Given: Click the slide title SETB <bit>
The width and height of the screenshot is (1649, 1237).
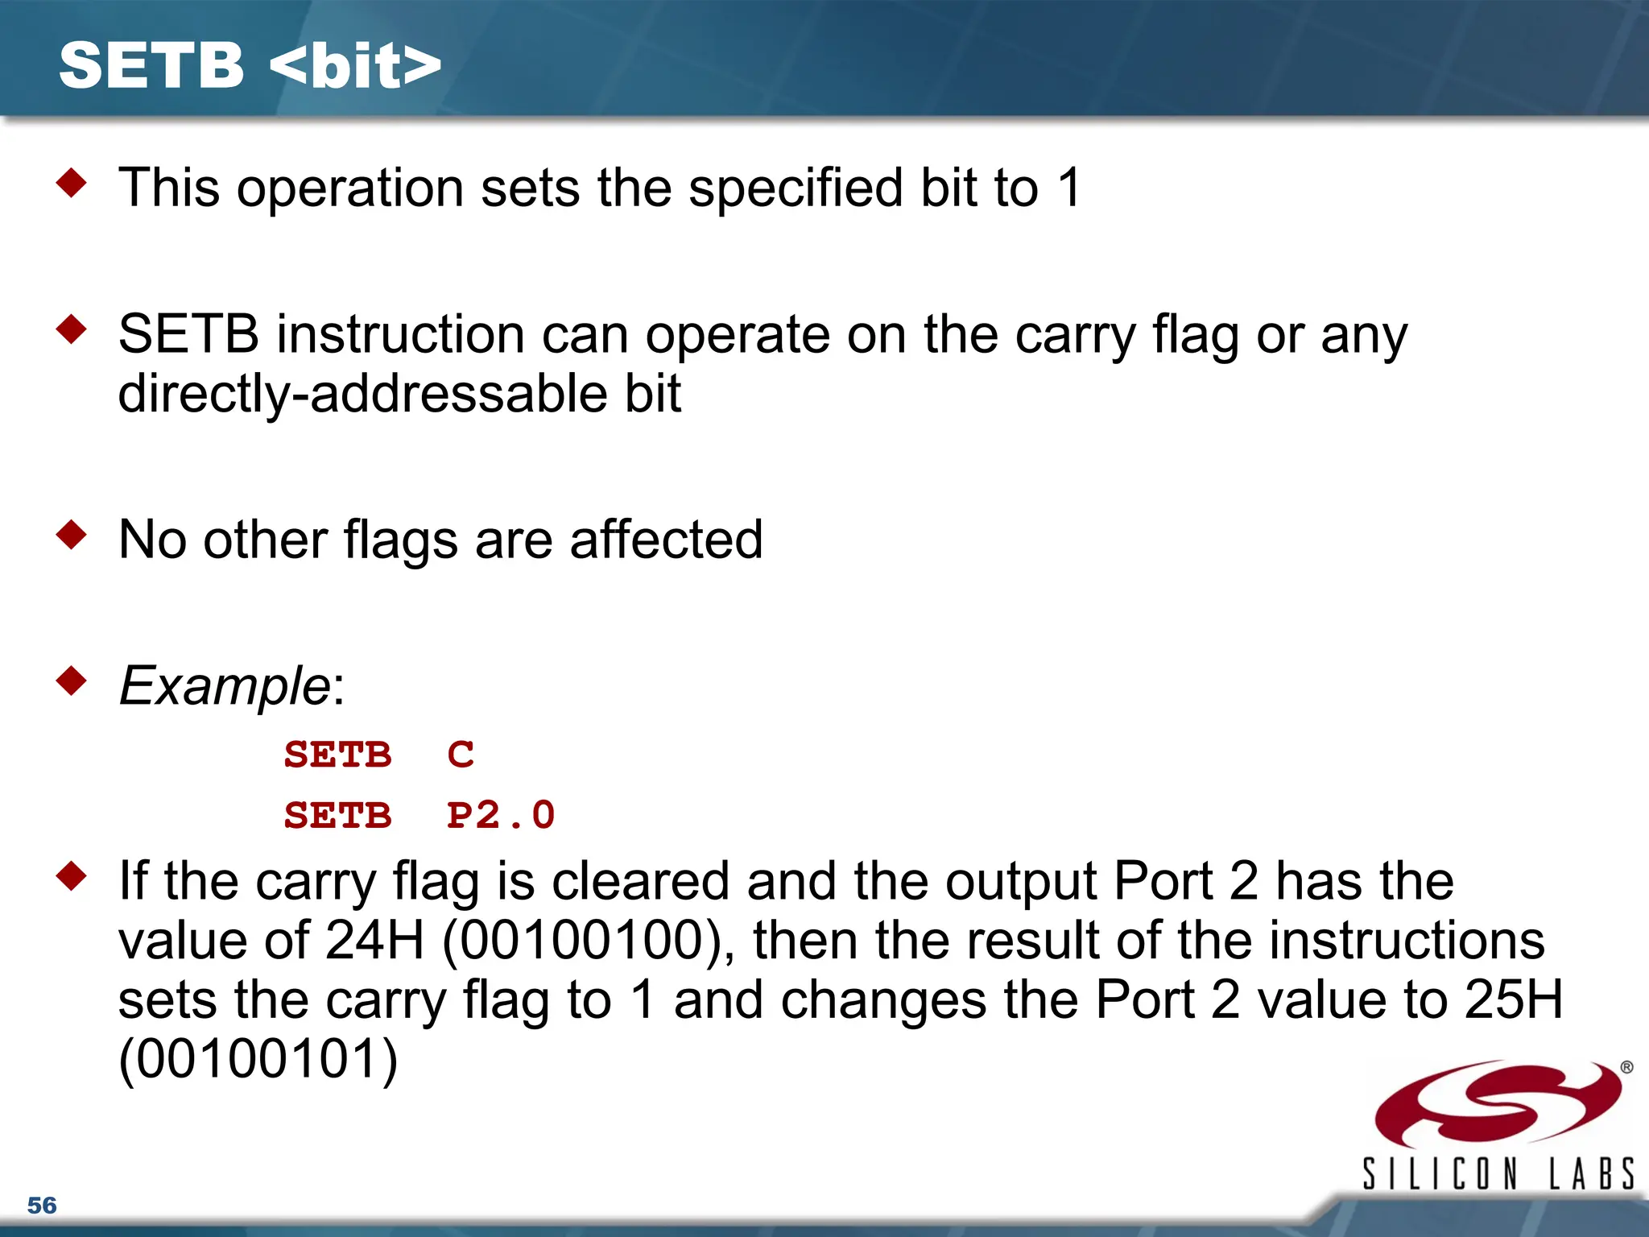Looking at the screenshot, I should pos(250,66).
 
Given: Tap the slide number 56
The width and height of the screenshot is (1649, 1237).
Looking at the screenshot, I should pos(42,1205).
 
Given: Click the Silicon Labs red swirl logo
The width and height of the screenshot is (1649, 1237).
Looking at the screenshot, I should pos(1498,1103).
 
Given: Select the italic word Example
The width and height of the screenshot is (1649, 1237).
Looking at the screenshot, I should pos(224,686).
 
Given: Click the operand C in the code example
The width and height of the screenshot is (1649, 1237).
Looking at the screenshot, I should pos(461,755).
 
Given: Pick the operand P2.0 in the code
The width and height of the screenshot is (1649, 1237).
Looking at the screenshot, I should pos(501,815).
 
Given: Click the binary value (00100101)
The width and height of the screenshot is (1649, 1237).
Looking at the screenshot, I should pos(258,1059).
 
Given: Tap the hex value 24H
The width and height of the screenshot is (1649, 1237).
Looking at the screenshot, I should pos(374,941).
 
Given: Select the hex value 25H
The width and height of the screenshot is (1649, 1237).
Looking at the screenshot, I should pos(1514,1000).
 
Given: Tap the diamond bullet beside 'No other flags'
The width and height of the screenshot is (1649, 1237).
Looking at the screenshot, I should pos(72,534).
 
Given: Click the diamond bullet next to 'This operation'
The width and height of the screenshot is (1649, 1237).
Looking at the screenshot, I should pos(72,183).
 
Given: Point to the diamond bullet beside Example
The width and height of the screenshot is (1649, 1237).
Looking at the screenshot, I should pos(72,681).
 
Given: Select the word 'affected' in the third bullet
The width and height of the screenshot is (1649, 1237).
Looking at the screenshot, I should pos(666,540).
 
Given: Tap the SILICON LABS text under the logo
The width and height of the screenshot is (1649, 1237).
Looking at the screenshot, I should pos(1498,1174).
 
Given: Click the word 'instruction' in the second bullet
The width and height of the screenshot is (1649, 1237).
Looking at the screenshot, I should pos(401,334).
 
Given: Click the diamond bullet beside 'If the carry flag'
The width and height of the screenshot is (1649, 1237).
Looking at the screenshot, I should pos(72,875).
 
